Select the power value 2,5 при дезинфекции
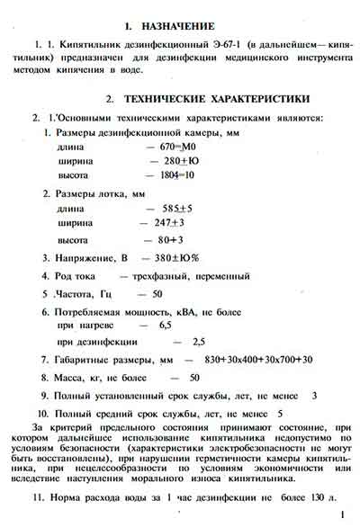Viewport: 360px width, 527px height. click(x=200, y=343)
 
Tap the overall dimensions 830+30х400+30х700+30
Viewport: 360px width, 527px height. click(x=257, y=360)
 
